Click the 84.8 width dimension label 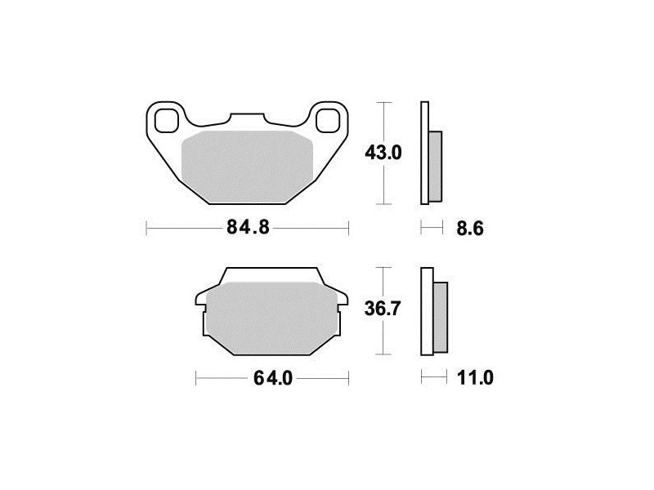(249, 228)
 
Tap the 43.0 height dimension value (383, 153)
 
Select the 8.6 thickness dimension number (470, 229)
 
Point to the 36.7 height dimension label (383, 309)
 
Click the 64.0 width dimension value (273, 378)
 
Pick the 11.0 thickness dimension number (475, 378)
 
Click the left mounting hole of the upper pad (166, 120)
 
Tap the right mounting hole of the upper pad (328, 120)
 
